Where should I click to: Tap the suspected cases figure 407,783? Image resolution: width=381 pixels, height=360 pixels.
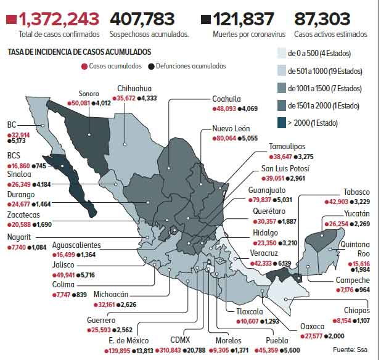pos(142,19)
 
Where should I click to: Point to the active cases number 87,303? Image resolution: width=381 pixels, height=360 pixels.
pos(322,19)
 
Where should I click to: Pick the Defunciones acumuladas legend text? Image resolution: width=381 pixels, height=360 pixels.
pos(191,66)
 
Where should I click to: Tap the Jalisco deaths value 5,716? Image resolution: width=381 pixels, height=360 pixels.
pos(86,275)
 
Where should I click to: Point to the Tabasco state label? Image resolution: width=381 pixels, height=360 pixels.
pos(355,192)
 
